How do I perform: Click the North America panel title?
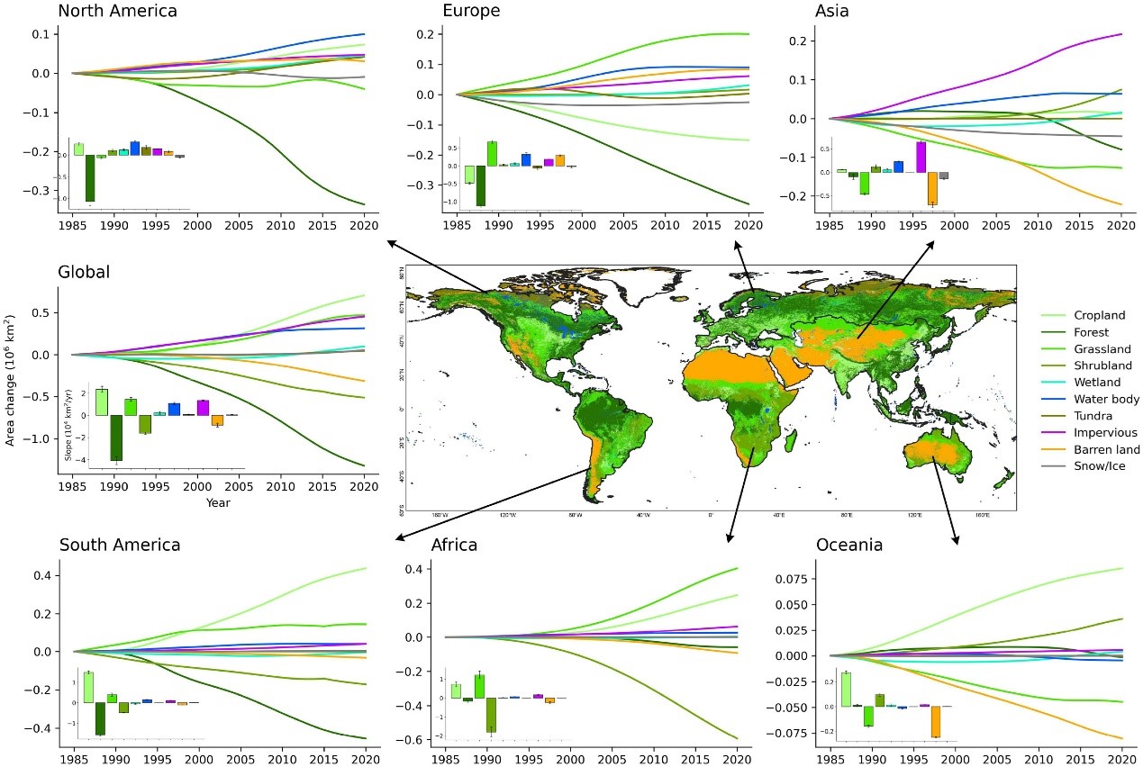(x=117, y=12)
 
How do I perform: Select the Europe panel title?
(x=471, y=12)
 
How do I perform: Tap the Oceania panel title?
(x=848, y=546)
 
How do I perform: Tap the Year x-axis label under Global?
(x=217, y=502)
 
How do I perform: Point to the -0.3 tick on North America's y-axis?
(x=40, y=192)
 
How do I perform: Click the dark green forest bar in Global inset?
(x=115, y=438)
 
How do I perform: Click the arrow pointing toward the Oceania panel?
(x=945, y=504)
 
